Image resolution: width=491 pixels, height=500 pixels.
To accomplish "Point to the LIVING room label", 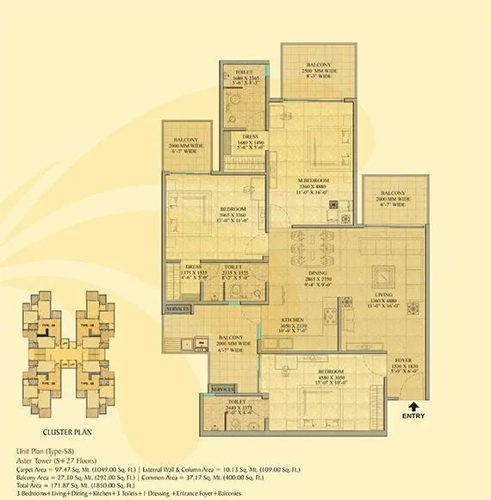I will tap(382, 295).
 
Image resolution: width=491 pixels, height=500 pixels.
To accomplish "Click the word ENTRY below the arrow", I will tap(413, 416).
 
